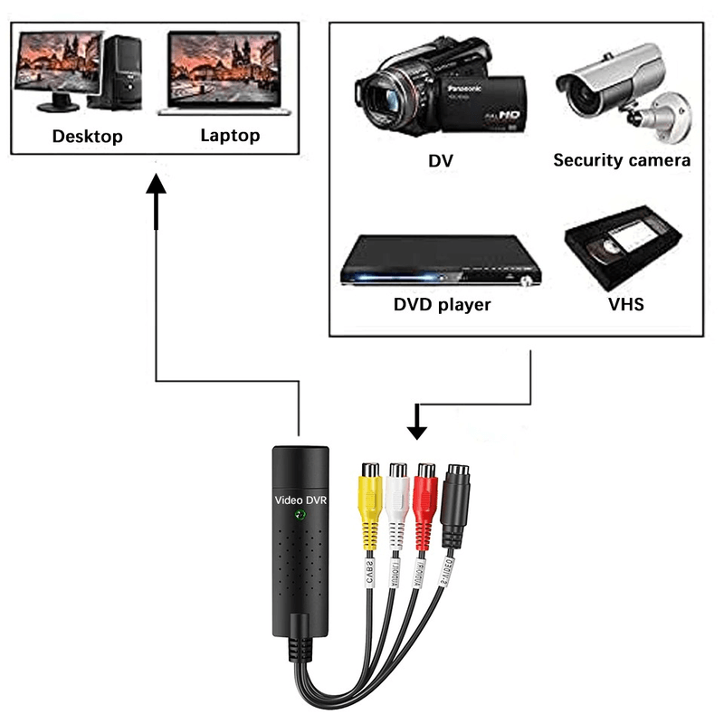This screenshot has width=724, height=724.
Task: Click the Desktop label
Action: [x=87, y=137]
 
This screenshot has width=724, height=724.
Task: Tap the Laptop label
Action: [x=230, y=136]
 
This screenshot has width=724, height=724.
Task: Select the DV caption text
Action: [x=441, y=161]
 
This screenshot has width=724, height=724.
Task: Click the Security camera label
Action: [x=622, y=160]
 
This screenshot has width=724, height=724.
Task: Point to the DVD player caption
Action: [x=442, y=304]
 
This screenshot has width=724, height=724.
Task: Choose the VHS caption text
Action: [x=626, y=304]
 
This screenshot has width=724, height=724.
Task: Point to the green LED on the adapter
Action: [x=300, y=516]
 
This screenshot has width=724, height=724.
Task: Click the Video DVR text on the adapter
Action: [x=300, y=500]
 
